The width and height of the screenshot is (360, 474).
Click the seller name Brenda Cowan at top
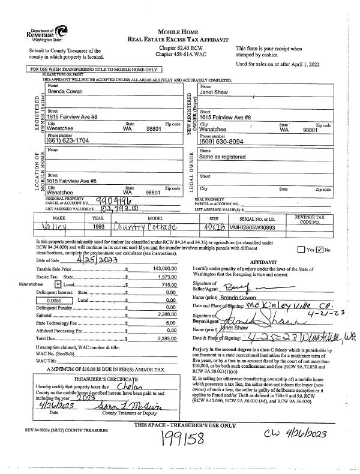pos(65,91)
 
